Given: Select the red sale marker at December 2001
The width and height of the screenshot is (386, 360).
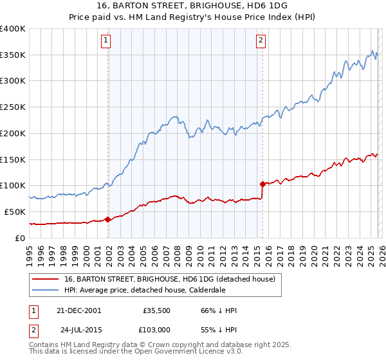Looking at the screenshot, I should pos(107,220).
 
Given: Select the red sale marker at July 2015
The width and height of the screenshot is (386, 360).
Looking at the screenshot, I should pos(262,184).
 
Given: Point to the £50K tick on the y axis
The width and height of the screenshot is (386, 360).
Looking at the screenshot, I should pos(15,212).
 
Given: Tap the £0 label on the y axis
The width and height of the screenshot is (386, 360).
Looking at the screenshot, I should pos(21,238).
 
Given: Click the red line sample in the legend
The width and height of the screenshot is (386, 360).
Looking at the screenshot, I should pos(46,279).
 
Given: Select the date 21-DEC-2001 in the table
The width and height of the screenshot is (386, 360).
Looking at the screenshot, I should pos(78,310).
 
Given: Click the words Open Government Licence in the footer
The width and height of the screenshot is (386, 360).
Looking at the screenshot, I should pos(137,353).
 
